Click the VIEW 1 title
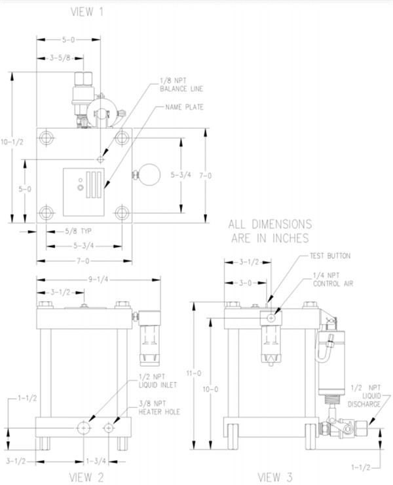click(x=86, y=12)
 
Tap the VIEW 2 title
click(x=86, y=477)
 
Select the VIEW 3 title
click(x=275, y=477)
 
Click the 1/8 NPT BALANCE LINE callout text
click(x=181, y=85)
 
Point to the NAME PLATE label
click(x=185, y=107)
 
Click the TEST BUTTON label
click(x=330, y=256)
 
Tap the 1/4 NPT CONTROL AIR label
click(x=333, y=279)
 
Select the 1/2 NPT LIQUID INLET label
click(x=158, y=381)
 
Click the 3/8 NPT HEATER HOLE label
click(x=159, y=408)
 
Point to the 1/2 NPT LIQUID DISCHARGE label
click(x=364, y=396)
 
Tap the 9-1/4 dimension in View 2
click(x=98, y=279)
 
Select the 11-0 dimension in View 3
click(x=193, y=373)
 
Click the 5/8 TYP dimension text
click(x=78, y=231)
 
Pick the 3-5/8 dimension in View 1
click(x=60, y=58)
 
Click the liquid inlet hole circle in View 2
click(x=84, y=427)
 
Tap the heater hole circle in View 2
click(x=108, y=428)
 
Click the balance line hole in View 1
click(x=100, y=159)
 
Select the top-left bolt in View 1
click(x=47, y=137)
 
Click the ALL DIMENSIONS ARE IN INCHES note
click(x=270, y=231)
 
